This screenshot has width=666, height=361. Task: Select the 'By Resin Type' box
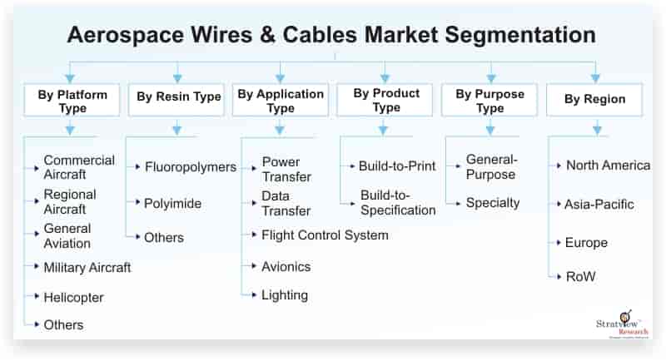point(176,98)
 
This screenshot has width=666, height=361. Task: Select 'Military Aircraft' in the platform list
point(87,268)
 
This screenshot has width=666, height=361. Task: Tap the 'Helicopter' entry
point(73,297)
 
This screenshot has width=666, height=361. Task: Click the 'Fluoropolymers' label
point(190,167)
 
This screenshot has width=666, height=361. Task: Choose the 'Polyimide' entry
point(172,203)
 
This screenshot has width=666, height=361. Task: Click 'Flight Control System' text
point(325,235)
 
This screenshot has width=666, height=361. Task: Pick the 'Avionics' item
point(286,267)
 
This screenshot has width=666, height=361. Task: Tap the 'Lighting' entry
point(284,295)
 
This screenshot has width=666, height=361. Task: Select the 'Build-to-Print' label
point(396,166)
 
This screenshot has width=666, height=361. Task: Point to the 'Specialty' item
point(492,202)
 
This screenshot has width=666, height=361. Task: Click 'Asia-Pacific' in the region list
point(599,205)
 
